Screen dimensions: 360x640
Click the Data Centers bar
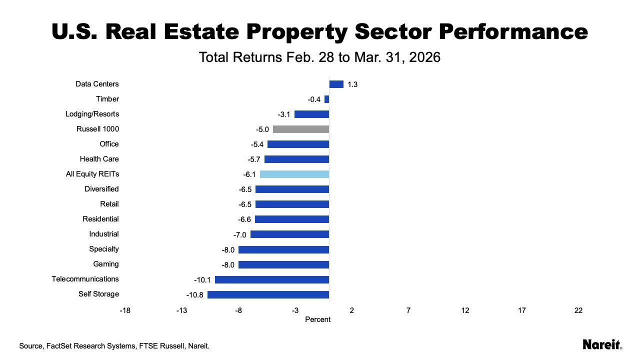pyautogui.click(x=336, y=84)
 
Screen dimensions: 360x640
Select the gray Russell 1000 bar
pyautogui.click(x=301, y=129)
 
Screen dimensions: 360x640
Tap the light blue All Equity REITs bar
pyautogui.click(x=294, y=174)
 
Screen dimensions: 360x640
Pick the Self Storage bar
pyautogui.click(x=268, y=294)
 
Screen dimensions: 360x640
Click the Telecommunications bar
pyautogui.click(x=272, y=279)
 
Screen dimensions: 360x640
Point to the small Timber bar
pyautogui.click(x=326, y=99)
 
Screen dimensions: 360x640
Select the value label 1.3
pyautogui.click(x=352, y=84)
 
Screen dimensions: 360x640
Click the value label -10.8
pyautogui.click(x=195, y=295)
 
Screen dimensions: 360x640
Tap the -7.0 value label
pyautogui.click(x=240, y=234)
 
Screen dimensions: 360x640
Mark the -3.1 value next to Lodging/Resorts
pyautogui.click(x=284, y=114)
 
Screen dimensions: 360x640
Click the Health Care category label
pyautogui.click(x=99, y=159)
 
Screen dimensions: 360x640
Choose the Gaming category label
pyautogui.click(x=106, y=264)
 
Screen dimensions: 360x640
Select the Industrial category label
pyautogui.click(x=104, y=234)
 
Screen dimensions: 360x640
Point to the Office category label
pyautogui.click(x=109, y=144)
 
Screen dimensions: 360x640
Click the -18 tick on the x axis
pyautogui.click(x=125, y=310)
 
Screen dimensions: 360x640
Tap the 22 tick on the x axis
pyautogui.click(x=578, y=310)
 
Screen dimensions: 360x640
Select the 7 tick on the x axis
pyautogui.click(x=408, y=310)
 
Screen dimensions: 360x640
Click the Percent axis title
pyautogui.click(x=317, y=319)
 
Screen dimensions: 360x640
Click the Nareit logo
pyautogui.click(x=602, y=344)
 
